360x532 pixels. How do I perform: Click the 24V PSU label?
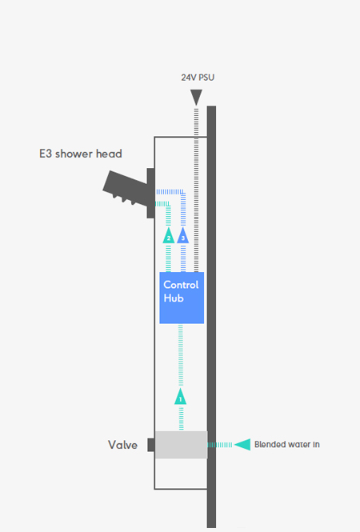[x=198, y=78]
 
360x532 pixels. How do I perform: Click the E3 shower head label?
[x=81, y=154]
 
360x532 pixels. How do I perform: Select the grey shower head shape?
[x=125, y=188]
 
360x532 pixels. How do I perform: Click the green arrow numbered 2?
[x=169, y=235]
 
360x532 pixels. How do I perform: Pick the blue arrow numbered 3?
[x=183, y=235]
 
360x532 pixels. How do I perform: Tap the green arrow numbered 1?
[x=181, y=397]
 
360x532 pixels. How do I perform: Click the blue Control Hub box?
[x=182, y=298]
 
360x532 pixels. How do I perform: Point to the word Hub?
[x=174, y=298]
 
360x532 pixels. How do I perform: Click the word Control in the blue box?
[x=181, y=285]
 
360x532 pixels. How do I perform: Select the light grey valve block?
[x=181, y=445]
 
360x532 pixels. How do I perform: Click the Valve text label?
[x=123, y=445]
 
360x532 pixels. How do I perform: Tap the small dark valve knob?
[x=151, y=445]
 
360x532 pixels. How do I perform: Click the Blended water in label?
[x=287, y=445]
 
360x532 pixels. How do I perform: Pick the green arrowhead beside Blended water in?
[x=242, y=445]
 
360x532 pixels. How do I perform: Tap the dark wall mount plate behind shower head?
[x=150, y=193]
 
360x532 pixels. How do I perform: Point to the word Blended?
[x=268, y=445]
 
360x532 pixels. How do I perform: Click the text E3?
[x=46, y=154]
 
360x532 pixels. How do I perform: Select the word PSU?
[x=206, y=78]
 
